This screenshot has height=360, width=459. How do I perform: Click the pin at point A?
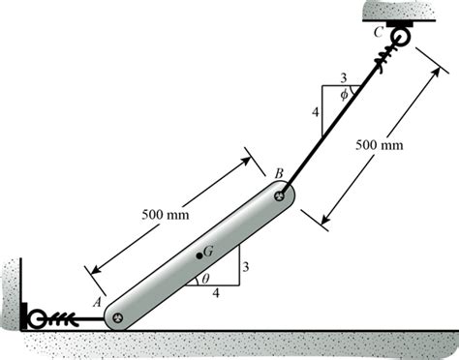[117, 318]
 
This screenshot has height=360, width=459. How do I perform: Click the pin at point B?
[280, 195]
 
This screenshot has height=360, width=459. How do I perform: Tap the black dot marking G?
[199, 255]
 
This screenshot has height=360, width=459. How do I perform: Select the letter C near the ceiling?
[379, 32]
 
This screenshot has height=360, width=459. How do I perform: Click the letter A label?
[97, 302]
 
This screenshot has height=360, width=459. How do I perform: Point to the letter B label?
[279, 173]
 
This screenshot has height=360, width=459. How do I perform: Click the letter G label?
[208, 251]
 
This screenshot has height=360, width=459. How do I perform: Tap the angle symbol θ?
[205, 279]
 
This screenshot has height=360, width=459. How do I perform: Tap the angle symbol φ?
[345, 95]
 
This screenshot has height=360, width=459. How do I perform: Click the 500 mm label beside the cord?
[380, 145]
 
